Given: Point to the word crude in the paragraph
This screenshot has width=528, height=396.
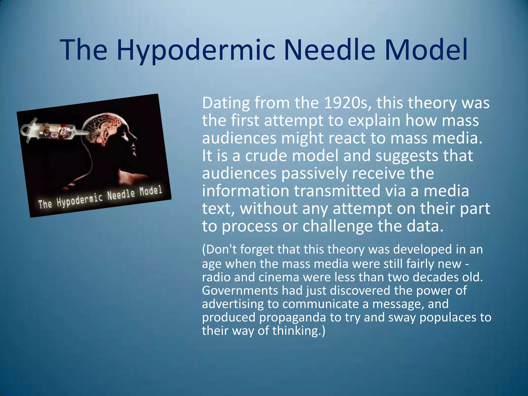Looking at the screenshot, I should [266, 156].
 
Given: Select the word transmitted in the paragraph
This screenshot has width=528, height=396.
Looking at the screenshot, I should [337, 191].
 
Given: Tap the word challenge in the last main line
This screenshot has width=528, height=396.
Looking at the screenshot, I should [337, 226].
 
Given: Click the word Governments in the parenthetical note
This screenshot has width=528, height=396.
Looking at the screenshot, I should [240, 291].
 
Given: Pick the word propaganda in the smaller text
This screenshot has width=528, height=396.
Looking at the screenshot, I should [292, 317].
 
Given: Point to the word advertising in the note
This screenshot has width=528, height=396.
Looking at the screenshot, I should [233, 304].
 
